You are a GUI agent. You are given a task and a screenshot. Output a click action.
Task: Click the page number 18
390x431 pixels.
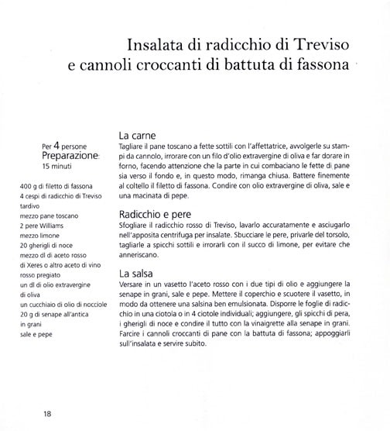[x=47, y=412]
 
